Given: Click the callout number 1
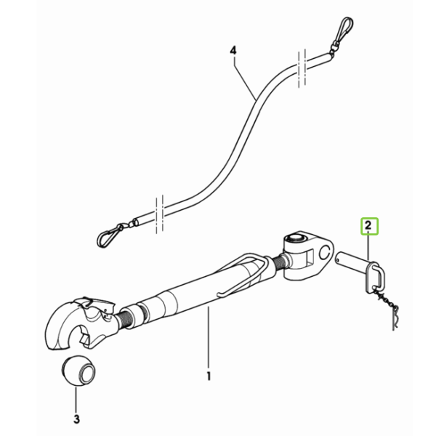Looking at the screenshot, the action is [209, 376].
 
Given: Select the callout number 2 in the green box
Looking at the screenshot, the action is [368, 225].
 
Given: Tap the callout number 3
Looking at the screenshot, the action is [76, 419].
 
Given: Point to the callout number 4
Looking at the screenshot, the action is [233, 51].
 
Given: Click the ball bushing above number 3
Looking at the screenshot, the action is [78, 372].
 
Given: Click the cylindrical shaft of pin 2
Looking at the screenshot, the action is [352, 261].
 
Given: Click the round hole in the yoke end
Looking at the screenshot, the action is [324, 252].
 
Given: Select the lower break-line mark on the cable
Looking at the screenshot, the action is [160, 214].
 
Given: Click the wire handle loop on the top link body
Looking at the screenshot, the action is [241, 274].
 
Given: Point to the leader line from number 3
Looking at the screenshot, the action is [76, 398].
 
